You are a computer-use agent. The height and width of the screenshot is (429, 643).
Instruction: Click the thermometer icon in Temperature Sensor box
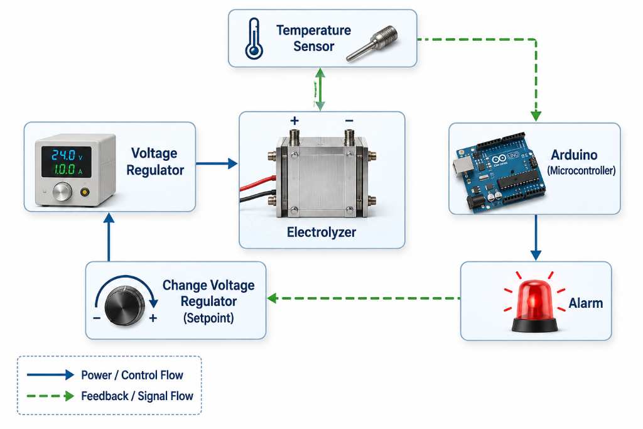[254, 38]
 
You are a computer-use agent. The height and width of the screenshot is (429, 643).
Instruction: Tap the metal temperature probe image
[372, 43]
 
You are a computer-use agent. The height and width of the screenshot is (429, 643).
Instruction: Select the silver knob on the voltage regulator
[62, 192]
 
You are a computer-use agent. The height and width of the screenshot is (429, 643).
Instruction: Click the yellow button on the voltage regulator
[85, 192]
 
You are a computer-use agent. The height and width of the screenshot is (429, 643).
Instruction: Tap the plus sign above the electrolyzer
[294, 121]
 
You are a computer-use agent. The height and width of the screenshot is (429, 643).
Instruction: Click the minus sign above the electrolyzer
[349, 121]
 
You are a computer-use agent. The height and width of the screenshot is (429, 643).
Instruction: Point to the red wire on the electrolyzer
[258, 183]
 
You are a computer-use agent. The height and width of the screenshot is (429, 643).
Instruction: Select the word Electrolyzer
[321, 232]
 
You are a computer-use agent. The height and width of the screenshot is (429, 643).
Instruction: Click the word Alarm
[586, 303]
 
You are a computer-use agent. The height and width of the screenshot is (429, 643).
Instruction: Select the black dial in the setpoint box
[125, 306]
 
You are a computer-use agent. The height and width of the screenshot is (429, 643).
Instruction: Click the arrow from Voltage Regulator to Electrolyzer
[217, 164]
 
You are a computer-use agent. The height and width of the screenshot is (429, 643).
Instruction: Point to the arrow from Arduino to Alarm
[536, 237]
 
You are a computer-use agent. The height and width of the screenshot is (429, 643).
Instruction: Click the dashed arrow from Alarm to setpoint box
[364, 298]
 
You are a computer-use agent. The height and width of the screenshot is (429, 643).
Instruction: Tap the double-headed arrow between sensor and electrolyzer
[320, 89]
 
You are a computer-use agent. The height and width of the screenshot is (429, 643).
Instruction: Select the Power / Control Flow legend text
[132, 375]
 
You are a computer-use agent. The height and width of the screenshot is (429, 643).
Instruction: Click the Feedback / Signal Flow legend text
[137, 396]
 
